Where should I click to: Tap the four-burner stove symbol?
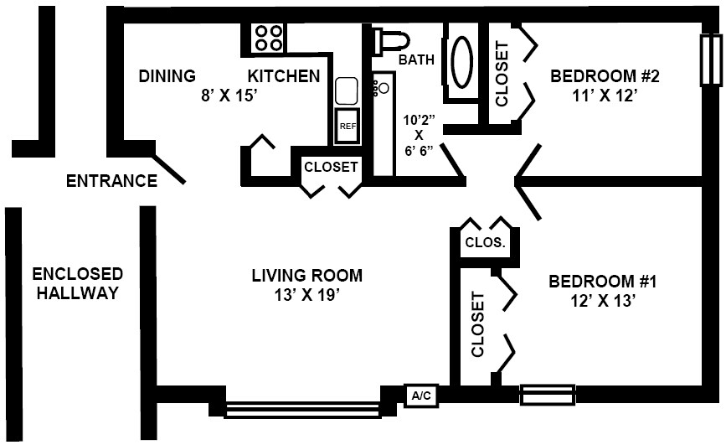tap(269, 38)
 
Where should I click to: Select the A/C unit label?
tap(419, 395)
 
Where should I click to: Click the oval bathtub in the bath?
tap(461, 62)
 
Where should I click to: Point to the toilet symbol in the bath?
tap(392, 41)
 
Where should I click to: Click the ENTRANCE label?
tap(112, 180)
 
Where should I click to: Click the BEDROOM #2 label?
tap(605, 77)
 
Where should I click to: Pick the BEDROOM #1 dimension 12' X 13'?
tap(603, 300)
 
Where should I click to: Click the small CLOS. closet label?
tap(485, 243)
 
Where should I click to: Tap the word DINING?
tap(167, 76)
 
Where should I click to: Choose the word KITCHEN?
tap(283, 76)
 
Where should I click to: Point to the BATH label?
tap(416, 60)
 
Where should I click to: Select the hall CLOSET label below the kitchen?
tap(331, 167)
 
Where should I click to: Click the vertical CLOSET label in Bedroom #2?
tap(502, 74)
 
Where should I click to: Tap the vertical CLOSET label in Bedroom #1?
tap(478, 324)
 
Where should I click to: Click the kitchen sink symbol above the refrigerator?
tap(346, 91)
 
